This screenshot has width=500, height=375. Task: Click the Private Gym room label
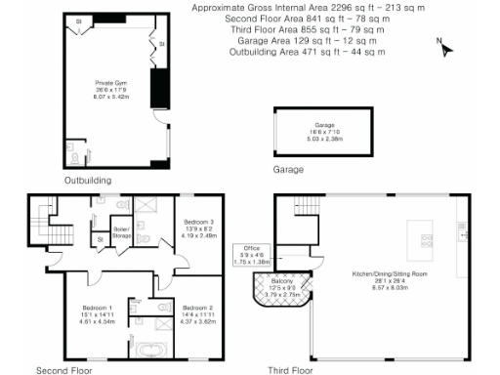pos(108,89)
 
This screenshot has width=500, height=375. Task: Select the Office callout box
pos(252,257)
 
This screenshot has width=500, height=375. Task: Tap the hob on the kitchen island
pos(426,238)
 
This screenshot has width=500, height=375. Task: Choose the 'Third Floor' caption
pos(290,370)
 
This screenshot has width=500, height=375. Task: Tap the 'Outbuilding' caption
pos(88,181)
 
